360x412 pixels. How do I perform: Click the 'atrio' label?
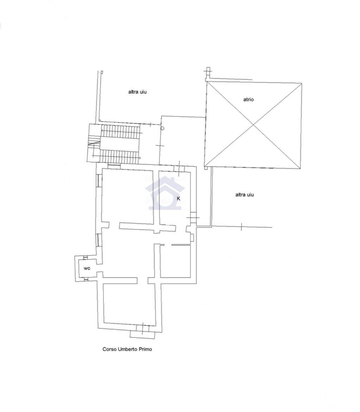[x=248, y=99]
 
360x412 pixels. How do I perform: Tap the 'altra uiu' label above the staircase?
[x=137, y=92]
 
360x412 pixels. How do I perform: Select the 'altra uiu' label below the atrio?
[x=244, y=195]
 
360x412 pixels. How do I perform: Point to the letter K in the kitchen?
[x=179, y=199]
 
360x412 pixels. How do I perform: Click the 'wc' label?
[x=87, y=268]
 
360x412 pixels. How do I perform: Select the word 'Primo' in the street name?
[x=145, y=349]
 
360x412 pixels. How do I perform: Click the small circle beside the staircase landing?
[x=162, y=128]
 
